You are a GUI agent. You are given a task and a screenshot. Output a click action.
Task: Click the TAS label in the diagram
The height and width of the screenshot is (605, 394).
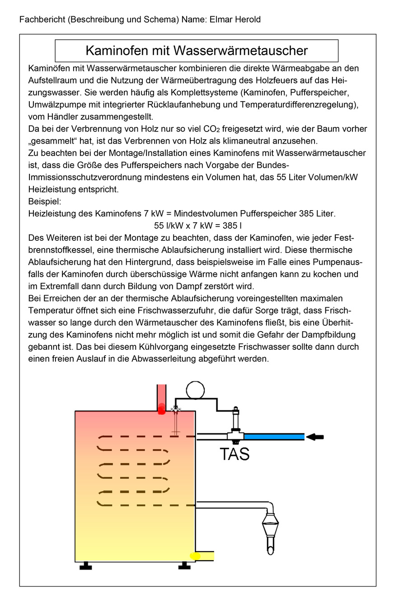click(x=235, y=454)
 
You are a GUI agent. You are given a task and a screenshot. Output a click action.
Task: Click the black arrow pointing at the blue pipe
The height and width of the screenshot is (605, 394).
click(x=315, y=437)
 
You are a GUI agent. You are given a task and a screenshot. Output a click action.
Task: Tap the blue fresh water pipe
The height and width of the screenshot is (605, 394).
click(x=274, y=437)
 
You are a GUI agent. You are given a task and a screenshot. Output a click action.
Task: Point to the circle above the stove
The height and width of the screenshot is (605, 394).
click(x=195, y=390)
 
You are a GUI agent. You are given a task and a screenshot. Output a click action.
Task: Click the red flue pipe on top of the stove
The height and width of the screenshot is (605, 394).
click(x=161, y=398)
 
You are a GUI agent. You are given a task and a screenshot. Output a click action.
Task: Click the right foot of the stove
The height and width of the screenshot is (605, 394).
click(x=184, y=566)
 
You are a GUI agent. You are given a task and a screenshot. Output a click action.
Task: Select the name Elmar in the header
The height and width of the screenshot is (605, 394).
click(x=220, y=20)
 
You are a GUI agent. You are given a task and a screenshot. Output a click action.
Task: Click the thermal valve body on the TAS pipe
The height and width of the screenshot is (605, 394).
click(x=235, y=435)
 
